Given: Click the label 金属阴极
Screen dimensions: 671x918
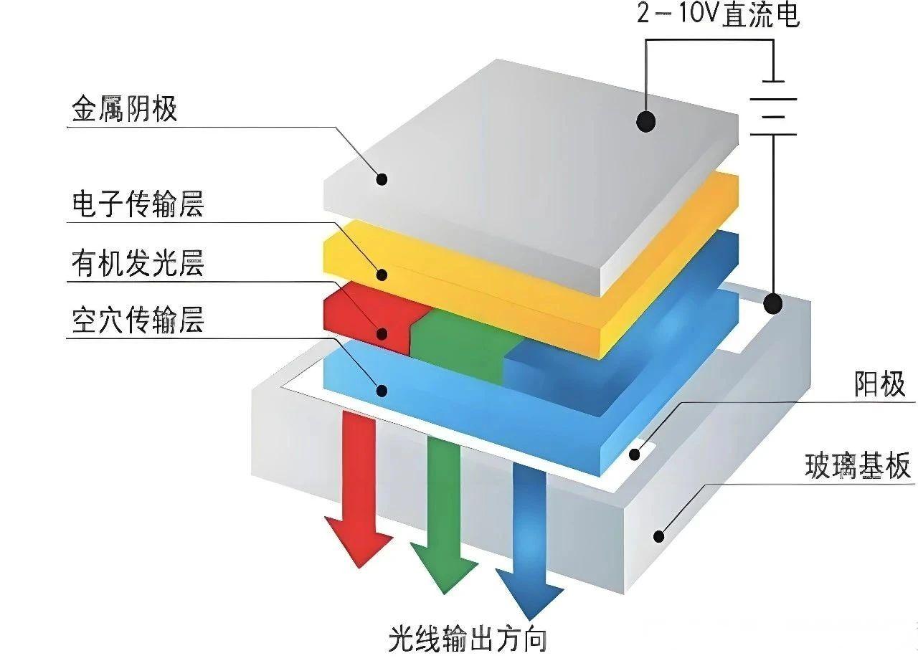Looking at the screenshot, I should pos(123,110).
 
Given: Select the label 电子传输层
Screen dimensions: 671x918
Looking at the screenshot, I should pos(138,204).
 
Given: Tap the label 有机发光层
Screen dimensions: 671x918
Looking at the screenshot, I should pos(138,263).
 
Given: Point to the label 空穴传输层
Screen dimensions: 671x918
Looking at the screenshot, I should pos(138,321).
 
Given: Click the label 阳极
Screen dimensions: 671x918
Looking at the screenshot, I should pos(879,385).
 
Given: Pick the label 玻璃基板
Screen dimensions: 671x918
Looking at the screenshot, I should pos(858,467).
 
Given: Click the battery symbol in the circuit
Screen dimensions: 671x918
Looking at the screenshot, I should pos(773,108).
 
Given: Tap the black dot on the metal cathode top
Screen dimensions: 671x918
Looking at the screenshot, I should pos(645,122).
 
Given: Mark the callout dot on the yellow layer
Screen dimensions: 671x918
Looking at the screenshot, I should pos(382,274).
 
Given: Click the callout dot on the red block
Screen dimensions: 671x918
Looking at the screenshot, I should pos(382,333).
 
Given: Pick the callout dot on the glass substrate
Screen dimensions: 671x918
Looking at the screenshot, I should pos(659,535).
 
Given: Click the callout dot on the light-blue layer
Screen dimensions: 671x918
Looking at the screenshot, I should pos(382,390).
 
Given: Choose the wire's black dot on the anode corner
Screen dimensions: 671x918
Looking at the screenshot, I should pos(772,303).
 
